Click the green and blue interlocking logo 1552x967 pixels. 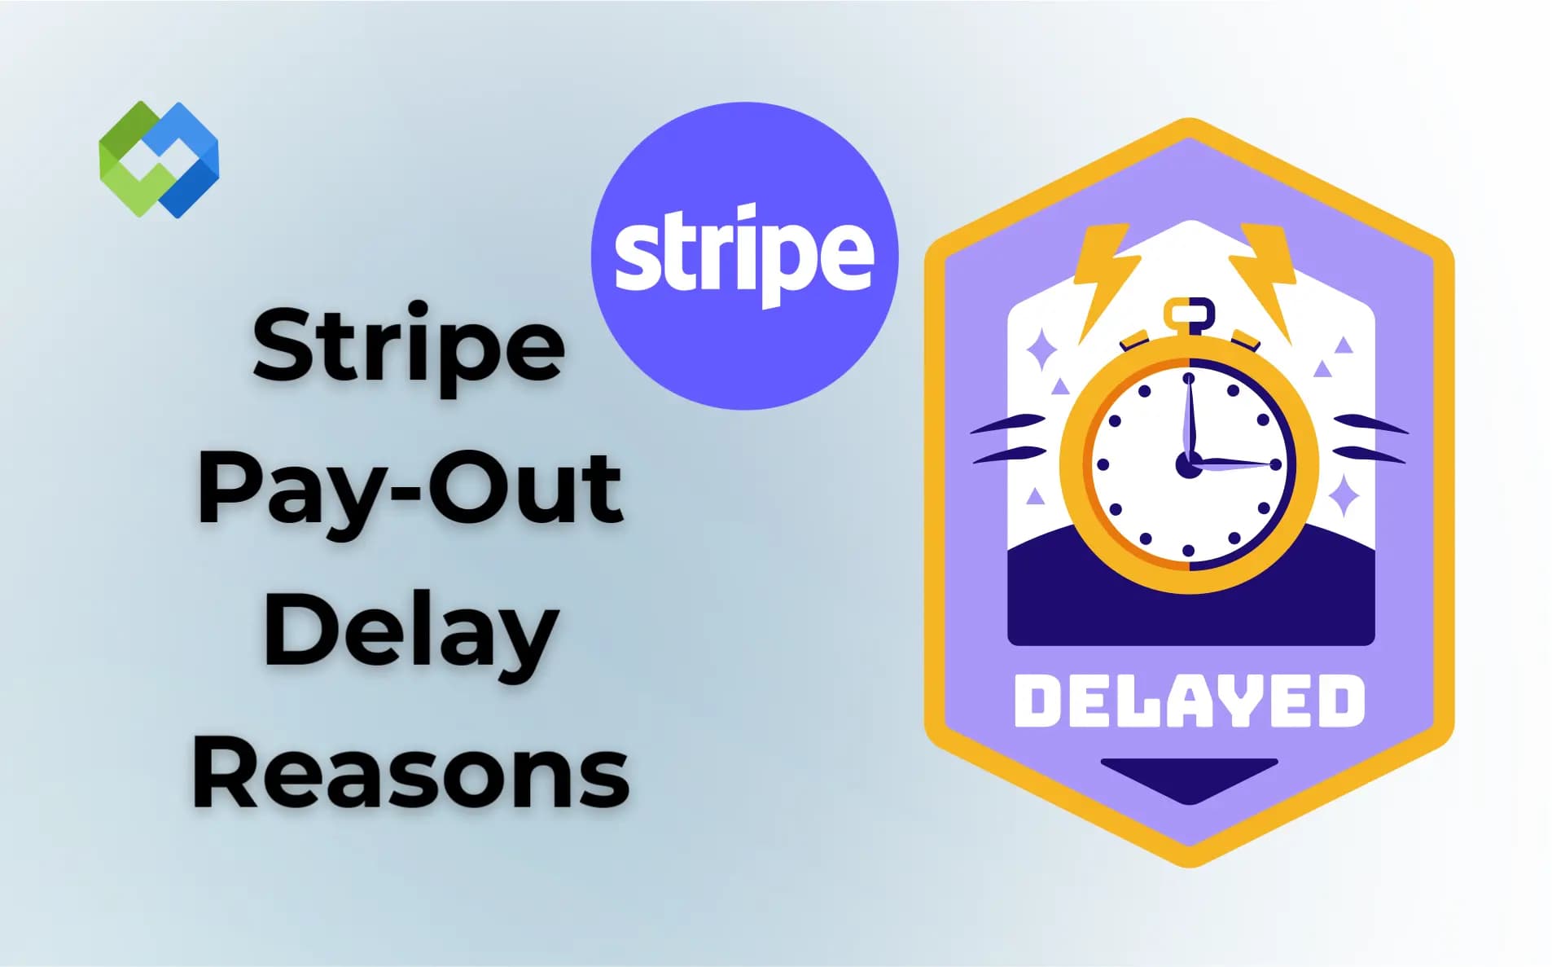pyautogui.click(x=159, y=159)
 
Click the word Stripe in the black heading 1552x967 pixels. pyautogui.click(x=408, y=346)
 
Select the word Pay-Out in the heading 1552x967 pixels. pyautogui.click(x=410, y=489)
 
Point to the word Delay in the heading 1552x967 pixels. pyautogui.click(x=410, y=631)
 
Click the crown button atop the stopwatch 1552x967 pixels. pyautogui.click(x=1189, y=314)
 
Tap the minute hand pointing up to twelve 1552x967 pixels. pyautogui.click(x=1189, y=415)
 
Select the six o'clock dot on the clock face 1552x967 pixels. pyautogui.click(x=1188, y=552)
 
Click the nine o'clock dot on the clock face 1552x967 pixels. pyautogui.click(x=1103, y=465)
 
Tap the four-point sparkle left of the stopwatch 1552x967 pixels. pyautogui.click(x=1041, y=352)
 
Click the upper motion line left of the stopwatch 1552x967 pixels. pyautogui.click(x=1010, y=424)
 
